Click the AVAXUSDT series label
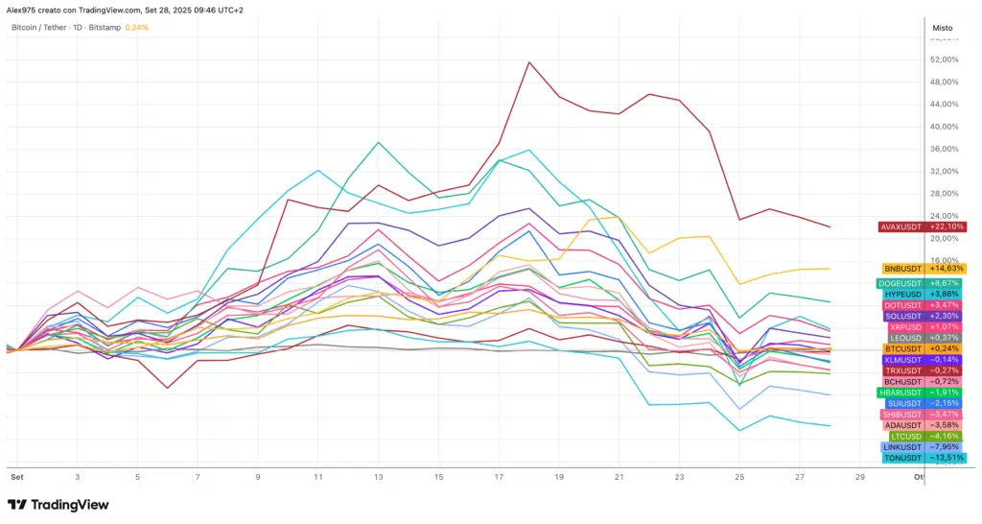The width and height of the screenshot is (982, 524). [922, 226]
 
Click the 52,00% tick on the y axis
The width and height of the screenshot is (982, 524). [944, 60]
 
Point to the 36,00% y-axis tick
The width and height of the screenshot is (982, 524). [944, 149]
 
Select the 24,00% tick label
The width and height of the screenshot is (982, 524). [944, 216]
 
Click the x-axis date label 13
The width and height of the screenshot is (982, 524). [378, 477]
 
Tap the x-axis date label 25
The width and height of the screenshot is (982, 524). [739, 477]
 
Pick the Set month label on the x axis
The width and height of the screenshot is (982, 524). [16, 477]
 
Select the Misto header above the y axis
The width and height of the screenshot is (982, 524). [943, 28]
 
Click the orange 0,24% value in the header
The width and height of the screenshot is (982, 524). [137, 28]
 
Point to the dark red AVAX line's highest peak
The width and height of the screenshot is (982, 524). [528, 62]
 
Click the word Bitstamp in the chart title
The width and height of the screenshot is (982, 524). [108, 28]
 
